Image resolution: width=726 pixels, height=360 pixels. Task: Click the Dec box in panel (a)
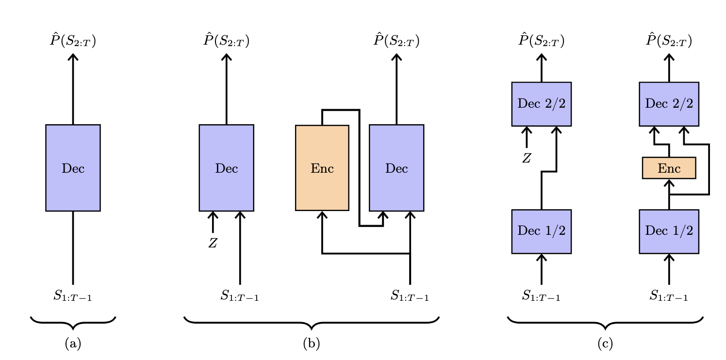(73, 168)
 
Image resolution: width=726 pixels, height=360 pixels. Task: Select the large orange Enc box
(322, 168)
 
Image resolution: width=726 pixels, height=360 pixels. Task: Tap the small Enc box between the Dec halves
(669, 168)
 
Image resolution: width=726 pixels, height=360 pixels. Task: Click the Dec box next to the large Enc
(396, 168)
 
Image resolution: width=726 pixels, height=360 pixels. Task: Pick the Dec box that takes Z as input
(226, 168)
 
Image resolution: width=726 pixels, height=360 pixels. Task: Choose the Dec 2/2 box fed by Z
(541, 104)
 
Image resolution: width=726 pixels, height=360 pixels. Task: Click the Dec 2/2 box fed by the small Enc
(669, 104)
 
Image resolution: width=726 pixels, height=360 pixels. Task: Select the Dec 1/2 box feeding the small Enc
(669, 231)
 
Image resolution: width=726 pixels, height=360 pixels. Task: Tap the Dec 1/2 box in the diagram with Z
(541, 231)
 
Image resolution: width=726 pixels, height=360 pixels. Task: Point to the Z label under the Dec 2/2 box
(527, 158)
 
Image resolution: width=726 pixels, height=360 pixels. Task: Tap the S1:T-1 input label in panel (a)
(73, 295)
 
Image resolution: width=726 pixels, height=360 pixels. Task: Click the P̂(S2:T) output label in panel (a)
(73, 41)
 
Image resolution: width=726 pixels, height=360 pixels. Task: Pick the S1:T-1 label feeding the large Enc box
(410, 295)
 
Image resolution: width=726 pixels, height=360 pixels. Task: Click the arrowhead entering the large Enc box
(322, 215)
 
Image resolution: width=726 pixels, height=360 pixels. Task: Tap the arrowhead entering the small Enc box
(669, 183)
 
